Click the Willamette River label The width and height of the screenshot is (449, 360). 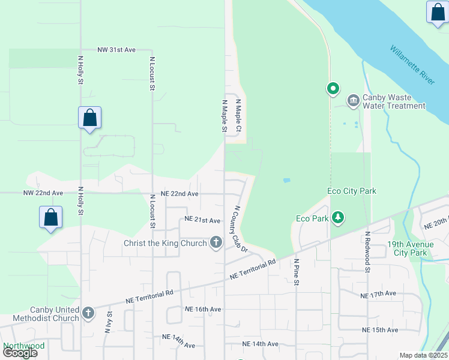pyautogui.click(x=412, y=65)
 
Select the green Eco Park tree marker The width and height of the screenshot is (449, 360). pyautogui.click(x=339, y=218)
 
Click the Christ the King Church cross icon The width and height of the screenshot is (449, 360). pyautogui.click(x=216, y=242)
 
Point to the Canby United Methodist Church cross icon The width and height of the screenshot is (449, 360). pyautogui.click(x=88, y=313)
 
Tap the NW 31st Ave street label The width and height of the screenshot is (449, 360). pyautogui.click(x=117, y=50)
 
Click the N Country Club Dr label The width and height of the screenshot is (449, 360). pyautogui.click(x=240, y=229)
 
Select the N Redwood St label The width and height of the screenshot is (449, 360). pyautogui.click(x=366, y=251)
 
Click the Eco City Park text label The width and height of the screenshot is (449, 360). pyautogui.click(x=352, y=191)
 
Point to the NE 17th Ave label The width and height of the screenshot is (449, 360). pyautogui.click(x=378, y=295)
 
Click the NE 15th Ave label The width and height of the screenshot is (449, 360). pyautogui.click(x=379, y=330)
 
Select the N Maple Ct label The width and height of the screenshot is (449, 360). pyautogui.click(x=238, y=116)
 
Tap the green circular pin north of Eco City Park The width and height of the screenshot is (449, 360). pyautogui.click(x=333, y=89)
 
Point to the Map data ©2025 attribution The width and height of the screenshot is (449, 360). pyautogui.click(x=423, y=355)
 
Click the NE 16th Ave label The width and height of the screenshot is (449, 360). pyautogui.click(x=203, y=309)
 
